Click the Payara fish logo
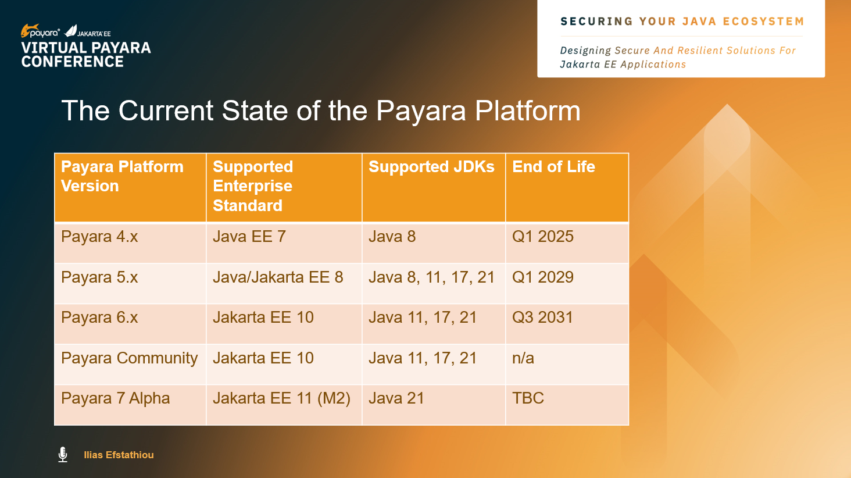[x=30, y=30]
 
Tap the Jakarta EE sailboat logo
[x=71, y=31]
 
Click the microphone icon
[x=63, y=454]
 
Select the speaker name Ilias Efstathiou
[x=119, y=455]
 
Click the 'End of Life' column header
[x=553, y=167]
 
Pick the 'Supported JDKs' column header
[x=431, y=167]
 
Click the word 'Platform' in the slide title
[x=528, y=110]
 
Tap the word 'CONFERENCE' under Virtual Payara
[x=73, y=62]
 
